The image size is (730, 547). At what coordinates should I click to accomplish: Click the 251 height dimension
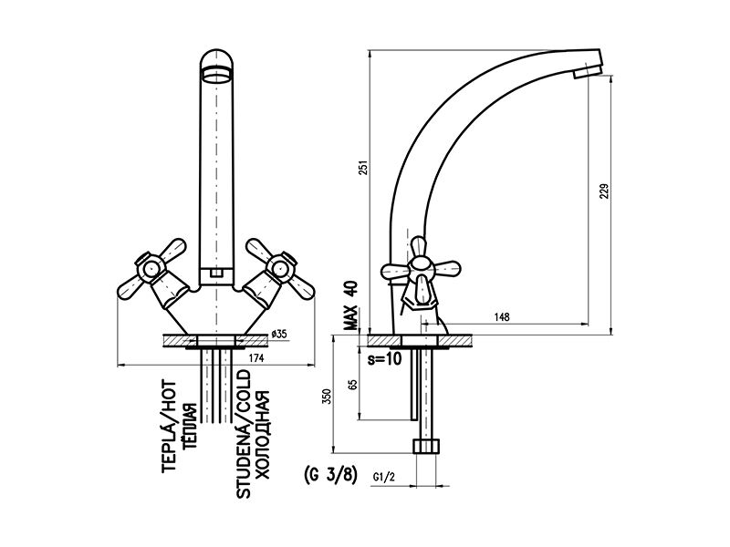point(365,168)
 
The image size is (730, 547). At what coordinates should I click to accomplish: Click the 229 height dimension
point(603,191)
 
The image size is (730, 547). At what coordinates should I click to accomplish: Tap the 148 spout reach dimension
point(502,317)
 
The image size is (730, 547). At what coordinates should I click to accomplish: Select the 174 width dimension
point(256,357)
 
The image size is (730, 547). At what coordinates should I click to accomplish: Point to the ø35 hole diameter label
point(278,334)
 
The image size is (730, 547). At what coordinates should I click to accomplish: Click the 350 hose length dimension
point(328,396)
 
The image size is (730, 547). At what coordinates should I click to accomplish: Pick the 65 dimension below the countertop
point(352,385)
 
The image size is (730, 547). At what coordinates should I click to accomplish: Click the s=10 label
point(384,359)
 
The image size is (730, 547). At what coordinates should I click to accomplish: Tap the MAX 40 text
point(351,305)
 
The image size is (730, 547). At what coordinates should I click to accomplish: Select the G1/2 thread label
point(384,477)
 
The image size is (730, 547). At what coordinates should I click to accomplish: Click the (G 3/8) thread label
point(330,475)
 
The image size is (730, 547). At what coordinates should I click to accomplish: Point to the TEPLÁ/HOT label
point(169,427)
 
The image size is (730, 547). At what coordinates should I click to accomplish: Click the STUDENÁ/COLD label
point(243,434)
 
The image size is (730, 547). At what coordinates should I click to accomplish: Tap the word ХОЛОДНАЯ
point(263,436)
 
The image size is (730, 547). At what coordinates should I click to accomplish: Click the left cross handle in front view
point(151,270)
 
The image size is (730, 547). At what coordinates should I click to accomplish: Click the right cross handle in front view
point(280,269)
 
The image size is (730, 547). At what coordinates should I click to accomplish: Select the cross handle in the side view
point(421,271)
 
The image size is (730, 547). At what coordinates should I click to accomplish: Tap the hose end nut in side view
point(426,446)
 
